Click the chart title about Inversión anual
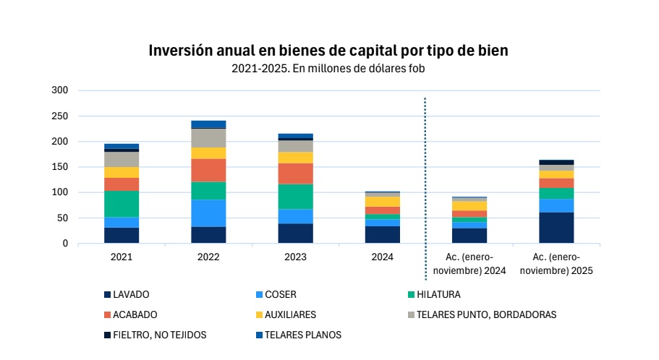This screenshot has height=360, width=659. (x=328, y=51)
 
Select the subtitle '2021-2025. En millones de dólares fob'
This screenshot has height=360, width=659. (x=328, y=69)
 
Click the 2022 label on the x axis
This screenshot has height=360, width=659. (x=208, y=257)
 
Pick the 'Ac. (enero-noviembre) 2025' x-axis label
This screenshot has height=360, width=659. (x=556, y=263)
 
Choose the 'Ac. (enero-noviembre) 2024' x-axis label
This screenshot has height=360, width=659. (x=469, y=263)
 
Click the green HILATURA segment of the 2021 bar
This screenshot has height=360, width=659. (x=122, y=204)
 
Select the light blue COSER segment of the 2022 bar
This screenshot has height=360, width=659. (x=208, y=213)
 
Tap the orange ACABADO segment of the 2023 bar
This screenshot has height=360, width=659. (x=295, y=173)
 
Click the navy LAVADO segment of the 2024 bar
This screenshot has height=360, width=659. (x=382, y=235)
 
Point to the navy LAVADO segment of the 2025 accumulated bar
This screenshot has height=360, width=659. (x=556, y=228)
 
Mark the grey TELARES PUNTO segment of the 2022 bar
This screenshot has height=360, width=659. (x=208, y=138)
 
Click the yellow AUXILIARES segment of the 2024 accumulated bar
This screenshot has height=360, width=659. (x=469, y=206)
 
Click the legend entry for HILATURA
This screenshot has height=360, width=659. (x=438, y=295)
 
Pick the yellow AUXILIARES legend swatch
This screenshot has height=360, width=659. (x=259, y=315)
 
